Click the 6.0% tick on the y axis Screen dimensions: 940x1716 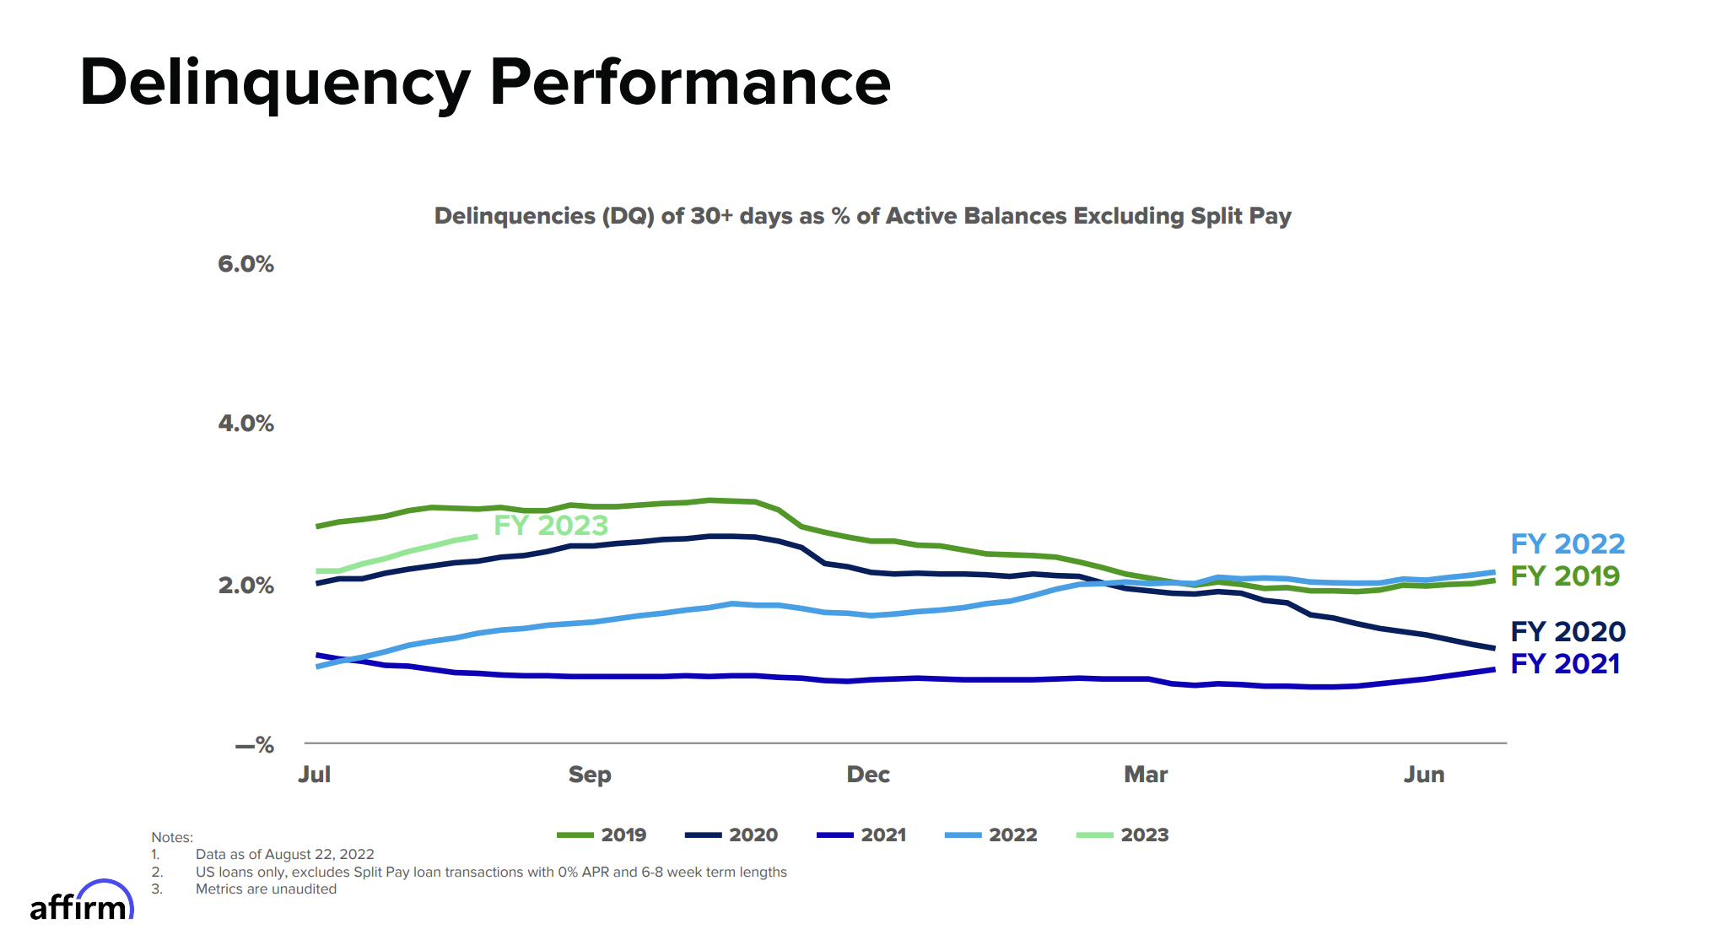[x=246, y=264]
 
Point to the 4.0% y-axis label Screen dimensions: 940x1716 [x=246, y=424]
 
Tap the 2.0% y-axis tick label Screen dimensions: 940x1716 [x=246, y=586]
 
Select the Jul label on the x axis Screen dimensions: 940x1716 [x=314, y=775]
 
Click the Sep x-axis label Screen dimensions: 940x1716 [x=590, y=775]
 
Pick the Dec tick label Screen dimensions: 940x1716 [x=868, y=775]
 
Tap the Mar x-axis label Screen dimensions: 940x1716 [x=1146, y=775]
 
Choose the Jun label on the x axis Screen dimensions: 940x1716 [x=1424, y=775]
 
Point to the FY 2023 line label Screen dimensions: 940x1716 [x=551, y=526]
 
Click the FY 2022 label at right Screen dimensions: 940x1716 [x=1568, y=544]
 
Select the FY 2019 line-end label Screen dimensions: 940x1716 [x=1565, y=576]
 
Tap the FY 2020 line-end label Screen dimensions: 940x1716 [x=1568, y=632]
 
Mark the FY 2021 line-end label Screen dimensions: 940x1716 [x=1565, y=664]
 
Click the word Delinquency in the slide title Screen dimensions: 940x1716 [x=274, y=83]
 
